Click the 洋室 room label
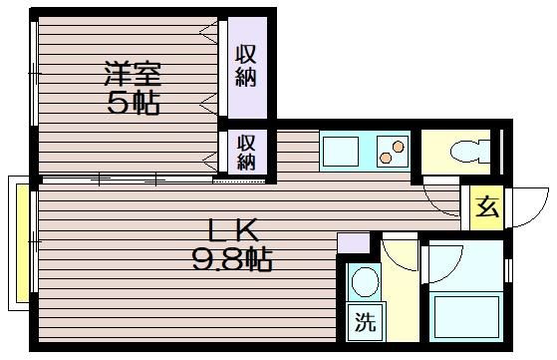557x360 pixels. point(133,74)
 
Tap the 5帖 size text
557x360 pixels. point(133,104)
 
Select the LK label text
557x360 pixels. point(233,230)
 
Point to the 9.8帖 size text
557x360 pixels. point(232,259)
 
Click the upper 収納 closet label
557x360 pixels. point(246,66)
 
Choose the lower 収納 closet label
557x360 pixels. point(246,153)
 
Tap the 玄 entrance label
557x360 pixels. point(487,206)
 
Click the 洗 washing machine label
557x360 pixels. point(366,322)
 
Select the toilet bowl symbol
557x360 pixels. point(469,151)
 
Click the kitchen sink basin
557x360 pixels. point(341,152)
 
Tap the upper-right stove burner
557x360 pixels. point(399,146)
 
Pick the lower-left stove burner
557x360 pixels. point(386,158)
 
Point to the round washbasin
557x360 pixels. point(365,281)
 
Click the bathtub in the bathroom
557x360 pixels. point(466,316)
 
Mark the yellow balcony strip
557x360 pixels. point(23,243)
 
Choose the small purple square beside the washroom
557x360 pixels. point(353,243)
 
